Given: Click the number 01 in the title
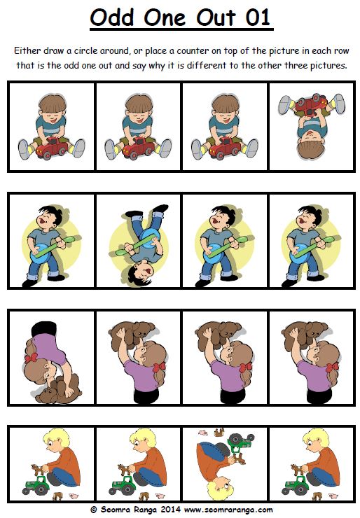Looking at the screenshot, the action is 258,17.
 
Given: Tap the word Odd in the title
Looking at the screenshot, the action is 112,17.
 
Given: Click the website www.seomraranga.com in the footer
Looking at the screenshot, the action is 228,510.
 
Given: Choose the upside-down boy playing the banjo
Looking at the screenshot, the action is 139,245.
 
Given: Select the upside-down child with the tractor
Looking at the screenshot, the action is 226,463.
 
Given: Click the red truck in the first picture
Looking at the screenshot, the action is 52,148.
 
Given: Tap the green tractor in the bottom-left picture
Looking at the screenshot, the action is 36,485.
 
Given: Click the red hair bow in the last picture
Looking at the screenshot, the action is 332,367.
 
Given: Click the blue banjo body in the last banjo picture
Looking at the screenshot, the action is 298,253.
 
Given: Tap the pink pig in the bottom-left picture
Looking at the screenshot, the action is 74,496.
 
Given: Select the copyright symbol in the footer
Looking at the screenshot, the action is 94,510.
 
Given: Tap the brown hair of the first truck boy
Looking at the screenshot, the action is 53,103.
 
